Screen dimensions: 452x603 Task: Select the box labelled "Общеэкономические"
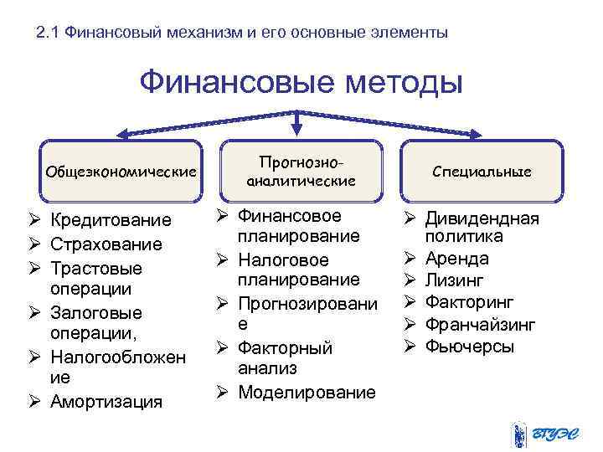point(121,171)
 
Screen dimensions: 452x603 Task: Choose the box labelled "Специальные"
point(482,171)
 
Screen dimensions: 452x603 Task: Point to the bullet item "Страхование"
point(106,244)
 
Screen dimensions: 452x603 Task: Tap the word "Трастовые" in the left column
point(96,269)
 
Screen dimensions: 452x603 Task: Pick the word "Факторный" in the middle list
point(286,347)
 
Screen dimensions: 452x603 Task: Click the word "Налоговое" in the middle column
point(283,259)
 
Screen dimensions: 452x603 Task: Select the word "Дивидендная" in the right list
point(482,219)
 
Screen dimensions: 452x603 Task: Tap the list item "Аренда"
point(456,259)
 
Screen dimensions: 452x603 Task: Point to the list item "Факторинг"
point(469,302)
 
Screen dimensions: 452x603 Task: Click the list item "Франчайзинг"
point(480,325)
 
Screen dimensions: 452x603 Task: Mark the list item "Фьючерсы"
point(470,347)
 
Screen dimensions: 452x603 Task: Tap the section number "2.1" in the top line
point(49,33)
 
